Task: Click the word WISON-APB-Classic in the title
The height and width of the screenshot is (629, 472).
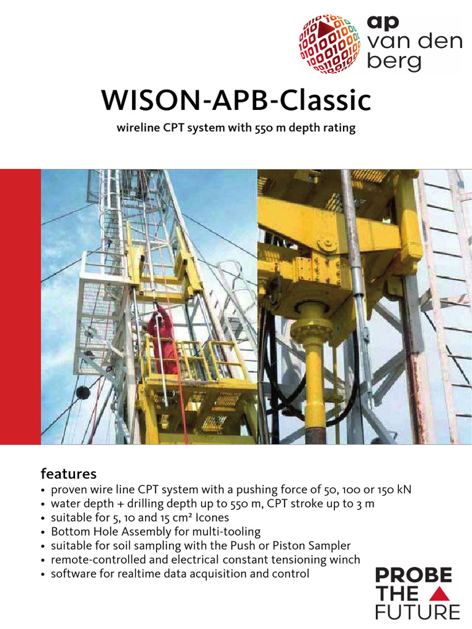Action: point(237,101)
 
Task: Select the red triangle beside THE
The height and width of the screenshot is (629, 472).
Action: point(440,594)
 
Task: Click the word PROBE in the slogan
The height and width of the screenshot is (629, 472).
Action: point(414,576)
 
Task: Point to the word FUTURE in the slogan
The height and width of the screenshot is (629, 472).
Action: point(417,612)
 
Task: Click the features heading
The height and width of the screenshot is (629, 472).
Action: point(68,474)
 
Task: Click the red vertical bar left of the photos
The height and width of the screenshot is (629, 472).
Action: point(20,307)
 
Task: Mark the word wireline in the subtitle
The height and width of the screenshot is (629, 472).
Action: point(137,128)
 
